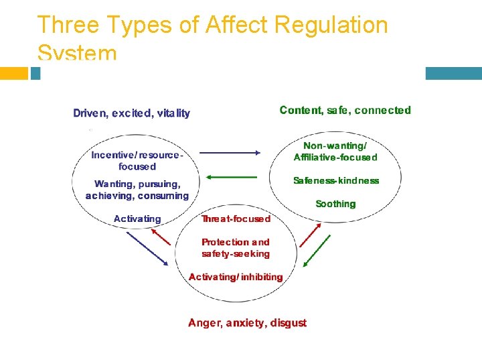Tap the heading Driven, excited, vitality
131,113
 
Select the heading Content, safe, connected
345,110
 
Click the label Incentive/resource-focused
137,160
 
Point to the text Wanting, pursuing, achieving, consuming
137,190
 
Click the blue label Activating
137,219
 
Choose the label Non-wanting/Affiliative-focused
335,152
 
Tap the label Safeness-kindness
336,180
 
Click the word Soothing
335,204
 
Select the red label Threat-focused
236,219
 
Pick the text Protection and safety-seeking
236,248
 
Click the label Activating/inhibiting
236,277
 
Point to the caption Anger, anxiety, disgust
247,323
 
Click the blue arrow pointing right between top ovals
230,153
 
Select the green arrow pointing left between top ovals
230,177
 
